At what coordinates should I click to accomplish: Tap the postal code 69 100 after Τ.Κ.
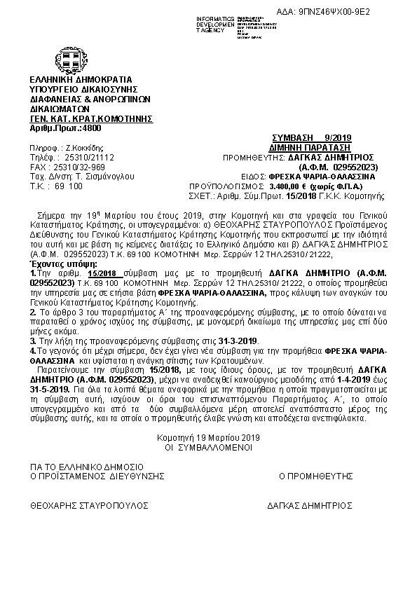(68, 187)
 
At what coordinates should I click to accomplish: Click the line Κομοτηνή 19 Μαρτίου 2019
(208, 438)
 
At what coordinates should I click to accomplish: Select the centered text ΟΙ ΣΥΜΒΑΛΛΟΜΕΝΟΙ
(208, 446)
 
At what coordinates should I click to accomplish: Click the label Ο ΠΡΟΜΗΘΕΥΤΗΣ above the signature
(315, 475)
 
